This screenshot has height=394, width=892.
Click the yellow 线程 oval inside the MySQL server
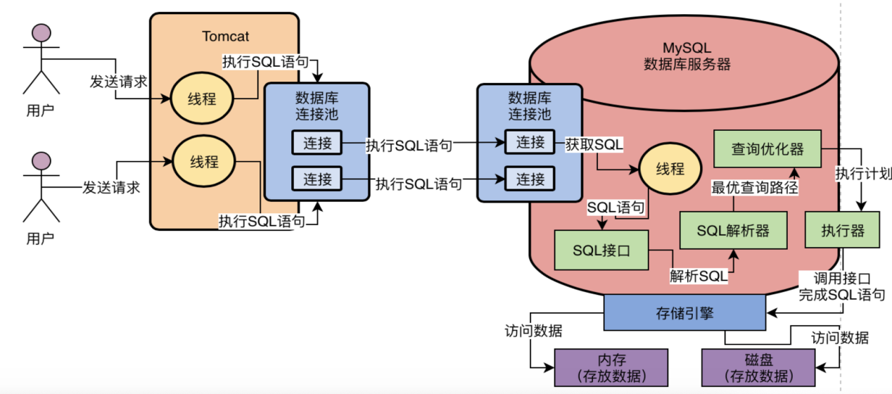click(670, 170)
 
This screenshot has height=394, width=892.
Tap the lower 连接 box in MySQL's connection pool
click(530, 178)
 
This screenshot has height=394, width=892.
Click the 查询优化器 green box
click(767, 149)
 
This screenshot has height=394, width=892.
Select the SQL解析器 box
click(733, 230)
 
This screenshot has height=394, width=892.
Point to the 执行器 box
click(842, 230)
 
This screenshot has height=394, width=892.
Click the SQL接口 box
click(601, 250)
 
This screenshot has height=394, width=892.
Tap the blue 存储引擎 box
click(684, 312)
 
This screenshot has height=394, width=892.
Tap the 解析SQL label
click(698, 277)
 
